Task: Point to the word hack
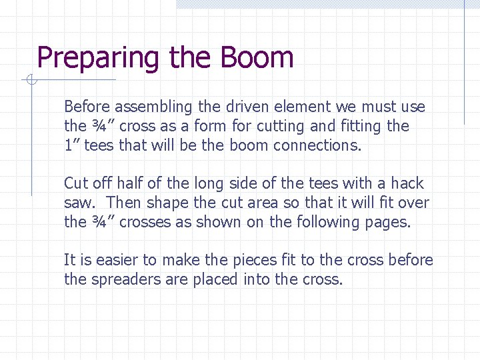(x=407, y=183)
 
